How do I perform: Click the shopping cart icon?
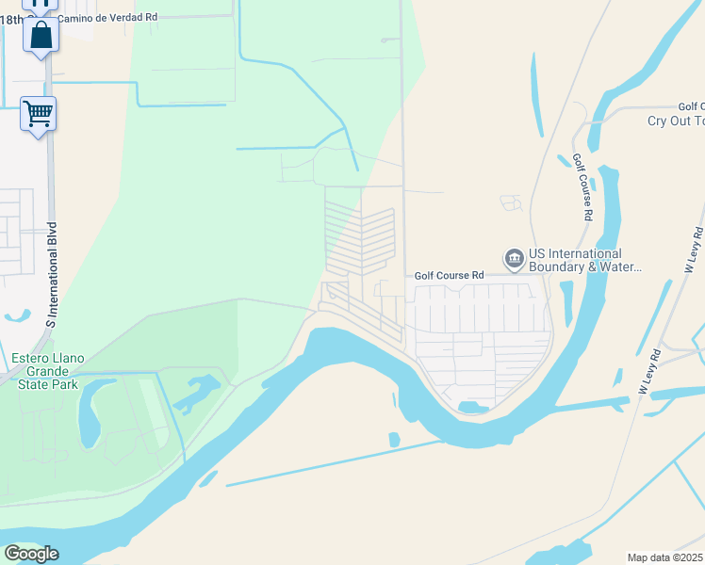[x=39, y=115]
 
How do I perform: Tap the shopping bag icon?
[x=41, y=37]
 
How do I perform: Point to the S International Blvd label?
[x=53, y=275]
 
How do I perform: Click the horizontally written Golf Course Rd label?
[x=449, y=275]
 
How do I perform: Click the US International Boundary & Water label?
[x=575, y=260]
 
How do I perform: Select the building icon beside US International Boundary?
[x=514, y=258]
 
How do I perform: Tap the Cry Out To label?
[x=676, y=121]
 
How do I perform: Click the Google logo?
[x=31, y=554]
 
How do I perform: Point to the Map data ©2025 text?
[x=664, y=557]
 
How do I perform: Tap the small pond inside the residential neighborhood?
[x=472, y=407]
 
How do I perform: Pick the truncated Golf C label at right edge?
[x=691, y=107]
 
